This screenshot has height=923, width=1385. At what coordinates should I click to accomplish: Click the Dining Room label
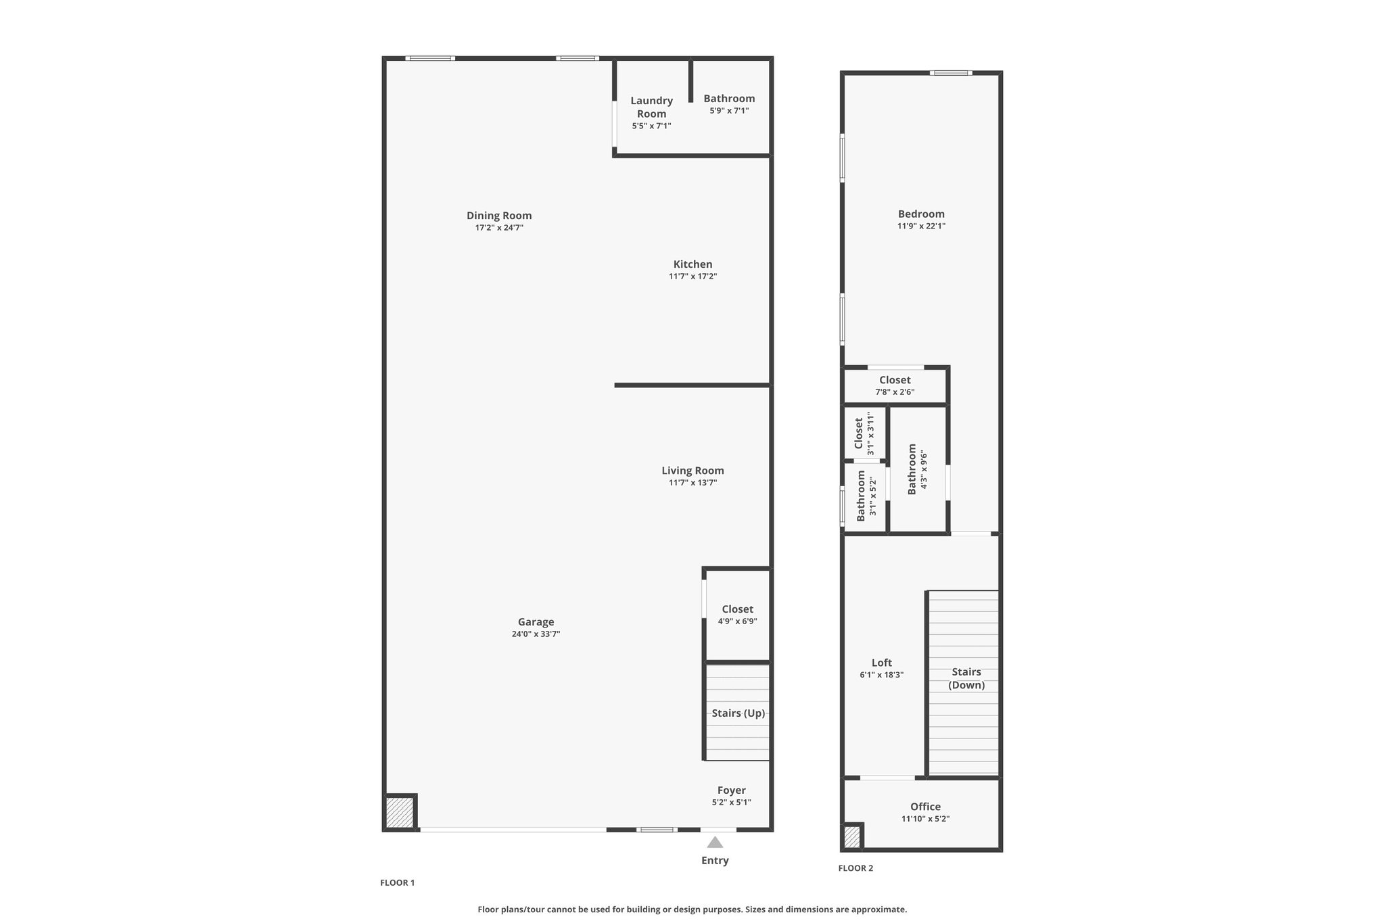pos(499,216)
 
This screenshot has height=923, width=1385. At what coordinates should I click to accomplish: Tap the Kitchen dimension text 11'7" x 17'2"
pos(692,277)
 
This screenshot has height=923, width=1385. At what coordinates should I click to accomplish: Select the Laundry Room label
pos(652,107)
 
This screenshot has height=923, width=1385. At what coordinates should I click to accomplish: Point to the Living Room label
pos(692,471)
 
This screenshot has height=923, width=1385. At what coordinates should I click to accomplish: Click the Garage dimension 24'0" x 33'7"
pos(536,634)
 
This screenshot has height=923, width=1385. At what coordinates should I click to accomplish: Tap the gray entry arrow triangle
pos(715,842)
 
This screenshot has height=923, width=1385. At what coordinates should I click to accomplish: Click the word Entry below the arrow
pos(715,861)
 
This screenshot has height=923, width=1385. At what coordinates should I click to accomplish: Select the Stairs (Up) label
pos(738,713)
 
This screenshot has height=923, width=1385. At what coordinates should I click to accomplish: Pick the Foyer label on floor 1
pos(732,790)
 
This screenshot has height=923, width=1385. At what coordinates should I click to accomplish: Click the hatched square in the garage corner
pos(399,812)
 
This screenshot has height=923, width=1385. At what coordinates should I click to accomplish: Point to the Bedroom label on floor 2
pos(921,214)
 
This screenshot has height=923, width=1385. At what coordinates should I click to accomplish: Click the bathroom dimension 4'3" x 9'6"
pos(923,470)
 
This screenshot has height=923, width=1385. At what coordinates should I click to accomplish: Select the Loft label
pos(882,663)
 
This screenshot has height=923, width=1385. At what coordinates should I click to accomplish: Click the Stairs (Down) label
pos(966,678)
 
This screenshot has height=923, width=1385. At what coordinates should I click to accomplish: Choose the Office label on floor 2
pos(925,807)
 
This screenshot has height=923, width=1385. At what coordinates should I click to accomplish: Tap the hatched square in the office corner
pos(852,837)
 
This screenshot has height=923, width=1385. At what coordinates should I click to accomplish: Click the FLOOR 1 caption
pos(398,882)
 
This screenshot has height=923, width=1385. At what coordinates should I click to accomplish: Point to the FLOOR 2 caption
pos(855,868)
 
